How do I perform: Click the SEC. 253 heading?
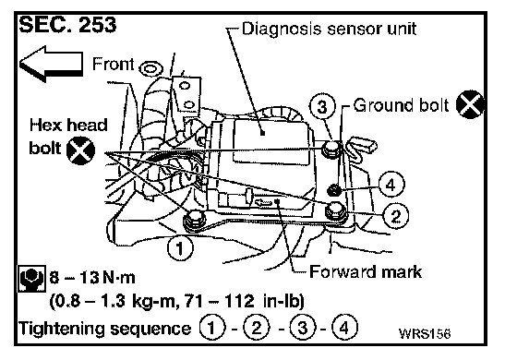[x=67, y=25]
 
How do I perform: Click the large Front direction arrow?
[x=51, y=64]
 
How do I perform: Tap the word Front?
[x=113, y=64]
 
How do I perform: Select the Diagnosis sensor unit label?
[x=329, y=29]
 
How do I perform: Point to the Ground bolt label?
[x=401, y=105]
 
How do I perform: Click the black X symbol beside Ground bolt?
[x=470, y=104]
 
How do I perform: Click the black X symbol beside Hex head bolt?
[x=81, y=151]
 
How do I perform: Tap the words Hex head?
[x=68, y=126]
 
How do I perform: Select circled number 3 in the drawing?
[x=322, y=106]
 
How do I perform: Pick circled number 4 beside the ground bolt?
[x=391, y=185]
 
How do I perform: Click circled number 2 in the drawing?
[x=396, y=216]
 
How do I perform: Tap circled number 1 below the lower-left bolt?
[x=180, y=248]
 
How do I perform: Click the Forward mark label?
[x=366, y=272]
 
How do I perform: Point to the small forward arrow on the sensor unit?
[x=263, y=202]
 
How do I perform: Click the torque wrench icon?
[x=31, y=278]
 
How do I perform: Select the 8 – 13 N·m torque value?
[x=92, y=278]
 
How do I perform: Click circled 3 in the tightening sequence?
[x=303, y=328]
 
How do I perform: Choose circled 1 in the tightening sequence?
[x=212, y=328]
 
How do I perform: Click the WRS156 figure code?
[x=425, y=333]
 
